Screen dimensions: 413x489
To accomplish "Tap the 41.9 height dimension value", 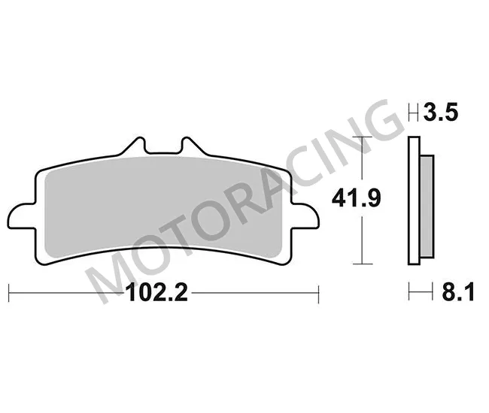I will [x=356, y=199].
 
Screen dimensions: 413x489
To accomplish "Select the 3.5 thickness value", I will [x=440, y=113].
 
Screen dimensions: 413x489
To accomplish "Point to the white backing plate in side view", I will [x=413, y=203].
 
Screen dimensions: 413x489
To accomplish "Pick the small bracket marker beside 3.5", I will [x=413, y=114].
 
